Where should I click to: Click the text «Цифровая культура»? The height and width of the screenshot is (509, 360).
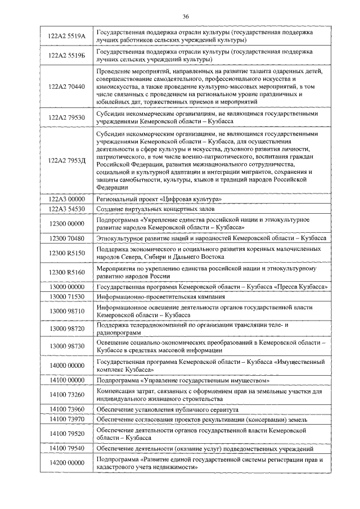click(x=190, y=199)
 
